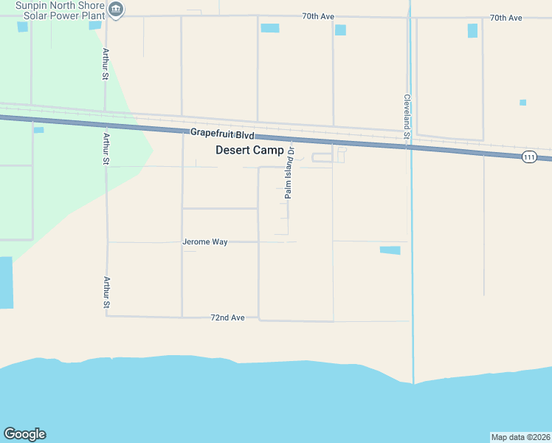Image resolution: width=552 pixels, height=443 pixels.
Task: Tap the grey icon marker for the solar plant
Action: pos(116,10)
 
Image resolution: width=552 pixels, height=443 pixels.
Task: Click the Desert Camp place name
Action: pos(249,150)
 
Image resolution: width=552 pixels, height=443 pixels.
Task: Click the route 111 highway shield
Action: pos(528,157)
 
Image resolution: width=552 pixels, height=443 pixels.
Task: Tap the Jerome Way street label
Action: pos(205,241)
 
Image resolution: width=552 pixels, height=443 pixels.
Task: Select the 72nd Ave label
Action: pos(227,317)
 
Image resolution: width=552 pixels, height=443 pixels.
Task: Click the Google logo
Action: pos(24,434)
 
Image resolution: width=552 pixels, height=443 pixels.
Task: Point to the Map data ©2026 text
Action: pos(520,437)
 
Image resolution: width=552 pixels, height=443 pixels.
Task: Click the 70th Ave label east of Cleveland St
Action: pos(506,17)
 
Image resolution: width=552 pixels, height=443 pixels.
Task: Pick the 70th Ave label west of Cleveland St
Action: pos(319,16)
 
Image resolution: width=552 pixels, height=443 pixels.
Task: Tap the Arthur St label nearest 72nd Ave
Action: pos(107,292)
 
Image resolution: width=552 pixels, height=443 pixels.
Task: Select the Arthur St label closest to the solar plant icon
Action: pos(106,64)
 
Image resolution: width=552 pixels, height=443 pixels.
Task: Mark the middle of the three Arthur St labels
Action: pos(107,149)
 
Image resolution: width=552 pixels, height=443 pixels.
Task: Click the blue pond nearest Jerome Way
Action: pos(390,250)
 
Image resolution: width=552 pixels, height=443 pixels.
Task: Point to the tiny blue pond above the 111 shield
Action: pos(522,103)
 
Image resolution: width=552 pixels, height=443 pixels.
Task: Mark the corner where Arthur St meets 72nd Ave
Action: pos(107,316)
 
